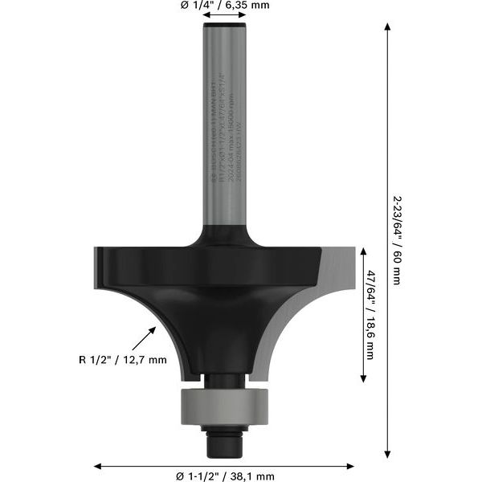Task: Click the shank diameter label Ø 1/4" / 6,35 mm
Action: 226,6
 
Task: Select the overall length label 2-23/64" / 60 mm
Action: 397,239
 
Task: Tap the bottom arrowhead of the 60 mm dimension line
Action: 388,451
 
